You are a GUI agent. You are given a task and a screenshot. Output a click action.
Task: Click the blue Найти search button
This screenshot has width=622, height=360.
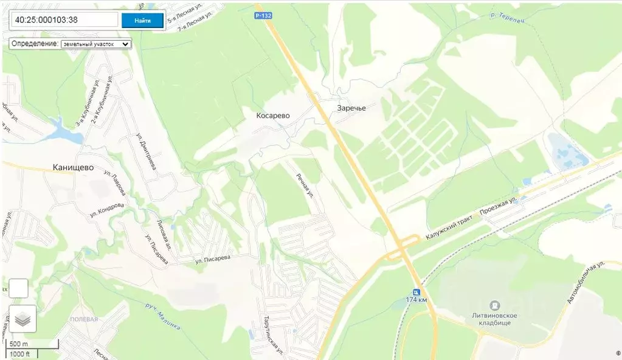point(142,20)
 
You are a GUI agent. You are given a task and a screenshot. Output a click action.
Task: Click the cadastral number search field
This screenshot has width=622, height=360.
point(64,20)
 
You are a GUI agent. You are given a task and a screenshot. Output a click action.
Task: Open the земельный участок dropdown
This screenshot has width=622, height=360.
point(96,44)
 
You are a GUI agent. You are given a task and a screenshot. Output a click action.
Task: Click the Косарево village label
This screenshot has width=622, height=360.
point(273,115)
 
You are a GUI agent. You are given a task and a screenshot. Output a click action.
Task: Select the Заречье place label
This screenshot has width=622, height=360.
point(352,108)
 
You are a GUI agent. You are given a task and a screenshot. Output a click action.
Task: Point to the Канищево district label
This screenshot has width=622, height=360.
point(73,167)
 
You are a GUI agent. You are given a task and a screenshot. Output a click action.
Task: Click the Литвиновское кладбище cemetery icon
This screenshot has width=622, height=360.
point(495,305)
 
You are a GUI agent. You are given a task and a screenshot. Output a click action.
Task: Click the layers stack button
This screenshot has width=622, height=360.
point(22,319)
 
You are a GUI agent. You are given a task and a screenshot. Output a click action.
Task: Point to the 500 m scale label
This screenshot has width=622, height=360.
point(19,344)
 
